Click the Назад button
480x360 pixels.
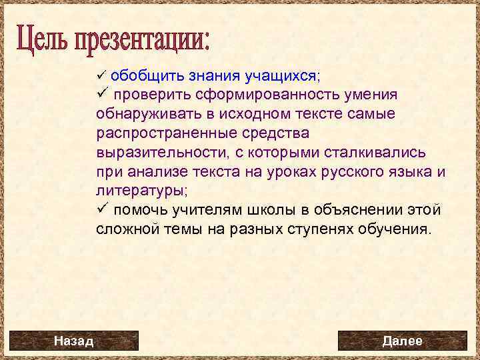coord(73,341)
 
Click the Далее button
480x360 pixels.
coord(402,341)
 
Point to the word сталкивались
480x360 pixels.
coord(370,153)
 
